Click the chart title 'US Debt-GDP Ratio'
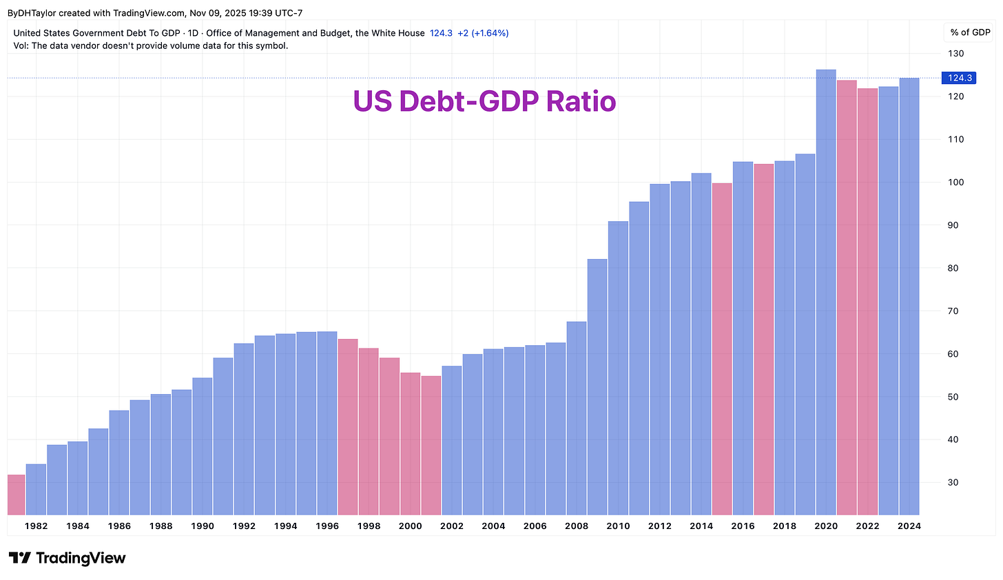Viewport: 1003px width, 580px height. pos(484,101)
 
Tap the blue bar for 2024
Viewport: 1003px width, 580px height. pos(909,296)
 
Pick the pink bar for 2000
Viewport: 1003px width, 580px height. pos(410,444)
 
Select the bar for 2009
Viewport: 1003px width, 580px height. pos(597,386)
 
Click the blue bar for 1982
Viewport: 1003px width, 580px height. pos(36,489)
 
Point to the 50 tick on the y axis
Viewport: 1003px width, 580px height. pos(954,397)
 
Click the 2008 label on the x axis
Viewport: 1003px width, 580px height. pos(577,526)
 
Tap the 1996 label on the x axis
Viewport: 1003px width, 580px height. pos(327,526)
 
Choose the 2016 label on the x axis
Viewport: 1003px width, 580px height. pos(743,526)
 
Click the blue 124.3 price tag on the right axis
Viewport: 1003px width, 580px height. pos(959,78)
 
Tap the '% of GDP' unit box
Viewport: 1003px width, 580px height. pos(970,32)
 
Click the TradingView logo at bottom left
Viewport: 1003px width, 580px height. pos(67,558)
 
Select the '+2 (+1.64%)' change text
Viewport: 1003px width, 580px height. pos(483,33)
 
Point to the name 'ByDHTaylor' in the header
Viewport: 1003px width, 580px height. pos(32,13)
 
